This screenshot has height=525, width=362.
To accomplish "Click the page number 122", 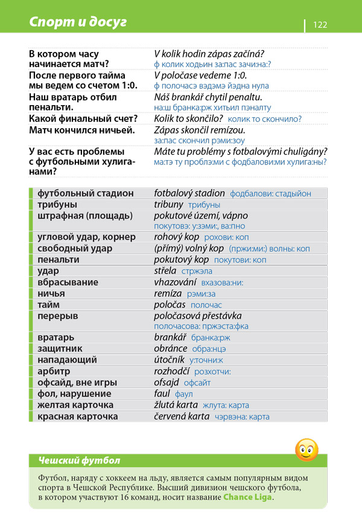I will (320, 24).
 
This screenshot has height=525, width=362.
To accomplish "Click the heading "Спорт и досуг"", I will (78, 22).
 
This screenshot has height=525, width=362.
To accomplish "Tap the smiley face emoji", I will (306, 449).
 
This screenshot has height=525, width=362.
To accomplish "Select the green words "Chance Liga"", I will (247, 497).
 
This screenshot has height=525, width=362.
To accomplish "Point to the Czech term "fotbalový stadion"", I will (189, 193).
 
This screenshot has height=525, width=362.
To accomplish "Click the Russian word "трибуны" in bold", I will (56, 205).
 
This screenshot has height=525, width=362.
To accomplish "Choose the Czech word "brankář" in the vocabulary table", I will (170, 337).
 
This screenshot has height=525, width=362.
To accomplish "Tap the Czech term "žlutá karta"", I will (176, 405).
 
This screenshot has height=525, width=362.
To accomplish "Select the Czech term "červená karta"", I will (182, 416).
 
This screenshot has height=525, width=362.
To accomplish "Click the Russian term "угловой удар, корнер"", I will (86, 237).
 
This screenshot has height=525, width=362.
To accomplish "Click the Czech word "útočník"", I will (170, 359).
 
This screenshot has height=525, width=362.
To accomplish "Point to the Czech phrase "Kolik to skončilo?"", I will (188, 118).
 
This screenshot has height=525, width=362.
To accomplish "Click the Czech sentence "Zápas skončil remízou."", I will (200, 130).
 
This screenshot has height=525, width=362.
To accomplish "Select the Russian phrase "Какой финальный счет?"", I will (83, 118).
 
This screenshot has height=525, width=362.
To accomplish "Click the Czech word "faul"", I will (162, 393).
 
